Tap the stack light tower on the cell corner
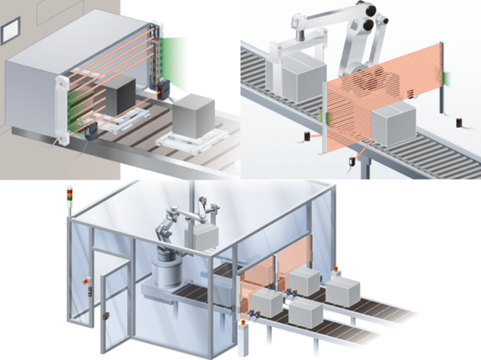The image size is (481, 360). point(69,203)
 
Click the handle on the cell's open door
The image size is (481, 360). point(106,316)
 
